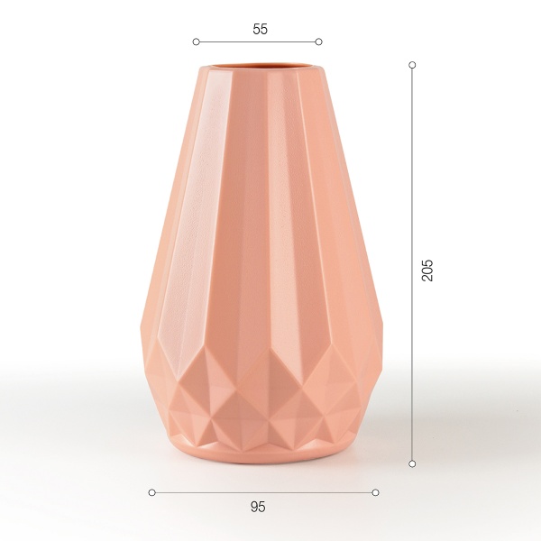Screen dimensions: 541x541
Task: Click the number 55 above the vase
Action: pos(260,29)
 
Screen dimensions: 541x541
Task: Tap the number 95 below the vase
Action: pos(258,507)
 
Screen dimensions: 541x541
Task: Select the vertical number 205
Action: pos(428,270)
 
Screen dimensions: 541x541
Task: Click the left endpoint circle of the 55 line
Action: pos(196,41)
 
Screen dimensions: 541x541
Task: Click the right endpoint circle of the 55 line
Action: pos(319,41)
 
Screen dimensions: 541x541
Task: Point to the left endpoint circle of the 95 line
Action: pos(151,492)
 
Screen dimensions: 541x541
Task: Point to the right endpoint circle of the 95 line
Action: pos(375,492)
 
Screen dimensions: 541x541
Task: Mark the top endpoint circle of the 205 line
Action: pos(412,65)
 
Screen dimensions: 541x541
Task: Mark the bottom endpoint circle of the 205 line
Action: pos(412,463)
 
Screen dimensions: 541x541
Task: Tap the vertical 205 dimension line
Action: pos(412,180)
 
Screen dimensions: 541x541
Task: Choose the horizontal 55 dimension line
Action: pos(257,41)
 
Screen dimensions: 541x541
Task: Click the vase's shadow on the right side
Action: pos(397,442)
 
